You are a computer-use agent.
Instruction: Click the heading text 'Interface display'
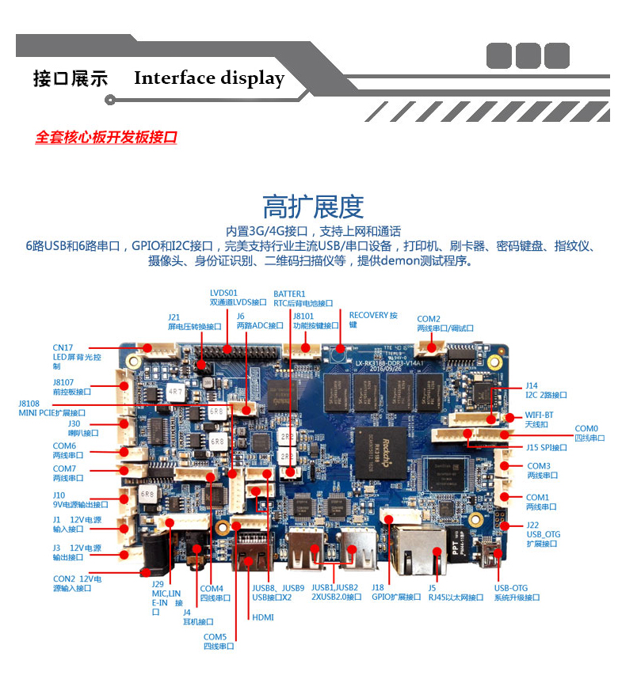pyautogui.click(x=208, y=78)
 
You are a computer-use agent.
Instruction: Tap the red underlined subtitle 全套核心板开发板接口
pyautogui.click(x=105, y=138)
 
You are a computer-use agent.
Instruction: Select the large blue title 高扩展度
pyautogui.click(x=313, y=207)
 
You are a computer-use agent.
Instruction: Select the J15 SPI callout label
pyautogui.click(x=547, y=448)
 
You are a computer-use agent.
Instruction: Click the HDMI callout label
pyautogui.click(x=263, y=617)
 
